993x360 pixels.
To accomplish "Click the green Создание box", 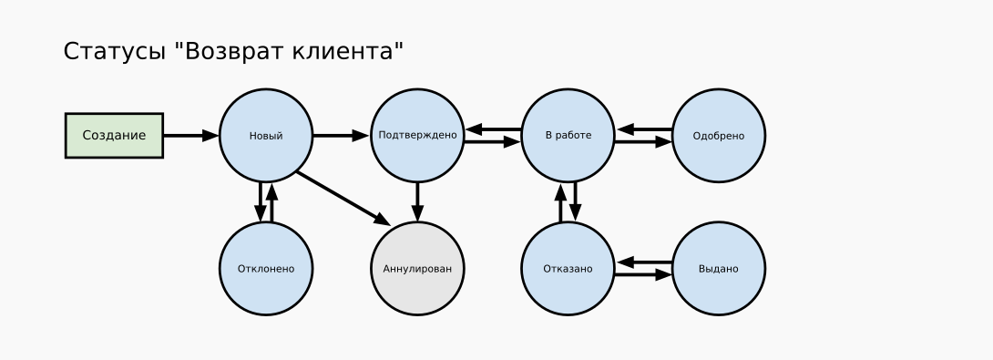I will [x=114, y=136].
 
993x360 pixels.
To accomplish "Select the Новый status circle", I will [x=266, y=136].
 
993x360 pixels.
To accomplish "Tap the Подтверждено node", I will [x=417, y=136].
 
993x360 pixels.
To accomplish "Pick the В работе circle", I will [x=568, y=136].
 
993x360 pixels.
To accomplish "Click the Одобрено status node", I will [x=719, y=136].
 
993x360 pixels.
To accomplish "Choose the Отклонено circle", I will [x=266, y=269].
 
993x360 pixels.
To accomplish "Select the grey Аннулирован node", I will [x=417, y=269].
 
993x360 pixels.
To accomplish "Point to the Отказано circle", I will [x=568, y=269].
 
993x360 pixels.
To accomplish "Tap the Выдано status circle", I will [x=719, y=269].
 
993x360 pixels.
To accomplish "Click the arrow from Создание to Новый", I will [x=190, y=136].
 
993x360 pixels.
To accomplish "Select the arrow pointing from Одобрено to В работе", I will [x=644, y=129].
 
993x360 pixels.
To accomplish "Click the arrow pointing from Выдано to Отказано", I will [x=644, y=262].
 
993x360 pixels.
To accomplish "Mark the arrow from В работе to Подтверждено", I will [x=493, y=130].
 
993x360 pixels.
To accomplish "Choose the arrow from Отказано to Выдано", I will [x=644, y=274].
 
